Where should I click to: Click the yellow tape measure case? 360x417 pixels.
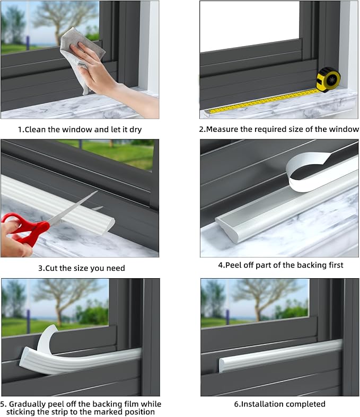point(328,79)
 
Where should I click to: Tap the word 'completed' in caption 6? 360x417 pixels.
point(305,404)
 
